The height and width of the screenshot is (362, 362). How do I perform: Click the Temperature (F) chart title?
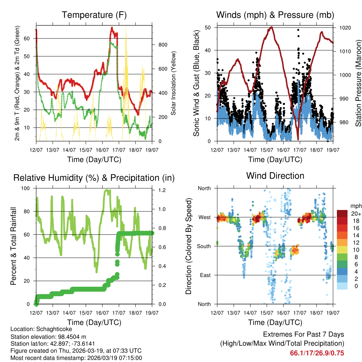(x=94, y=15)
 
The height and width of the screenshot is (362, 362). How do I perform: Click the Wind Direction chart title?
(x=275, y=176)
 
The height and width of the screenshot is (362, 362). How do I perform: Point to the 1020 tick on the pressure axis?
(x=345, y=27)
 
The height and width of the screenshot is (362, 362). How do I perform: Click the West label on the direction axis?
(x=205, y=217)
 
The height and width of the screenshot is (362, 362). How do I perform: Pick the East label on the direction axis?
(x=205, y=275)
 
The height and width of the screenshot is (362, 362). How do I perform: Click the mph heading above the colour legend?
(x=355, y=206)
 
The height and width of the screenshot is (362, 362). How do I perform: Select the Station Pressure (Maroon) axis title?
(x=358, y=83)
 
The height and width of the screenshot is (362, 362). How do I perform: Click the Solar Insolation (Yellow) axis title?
(x=174, y=83)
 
